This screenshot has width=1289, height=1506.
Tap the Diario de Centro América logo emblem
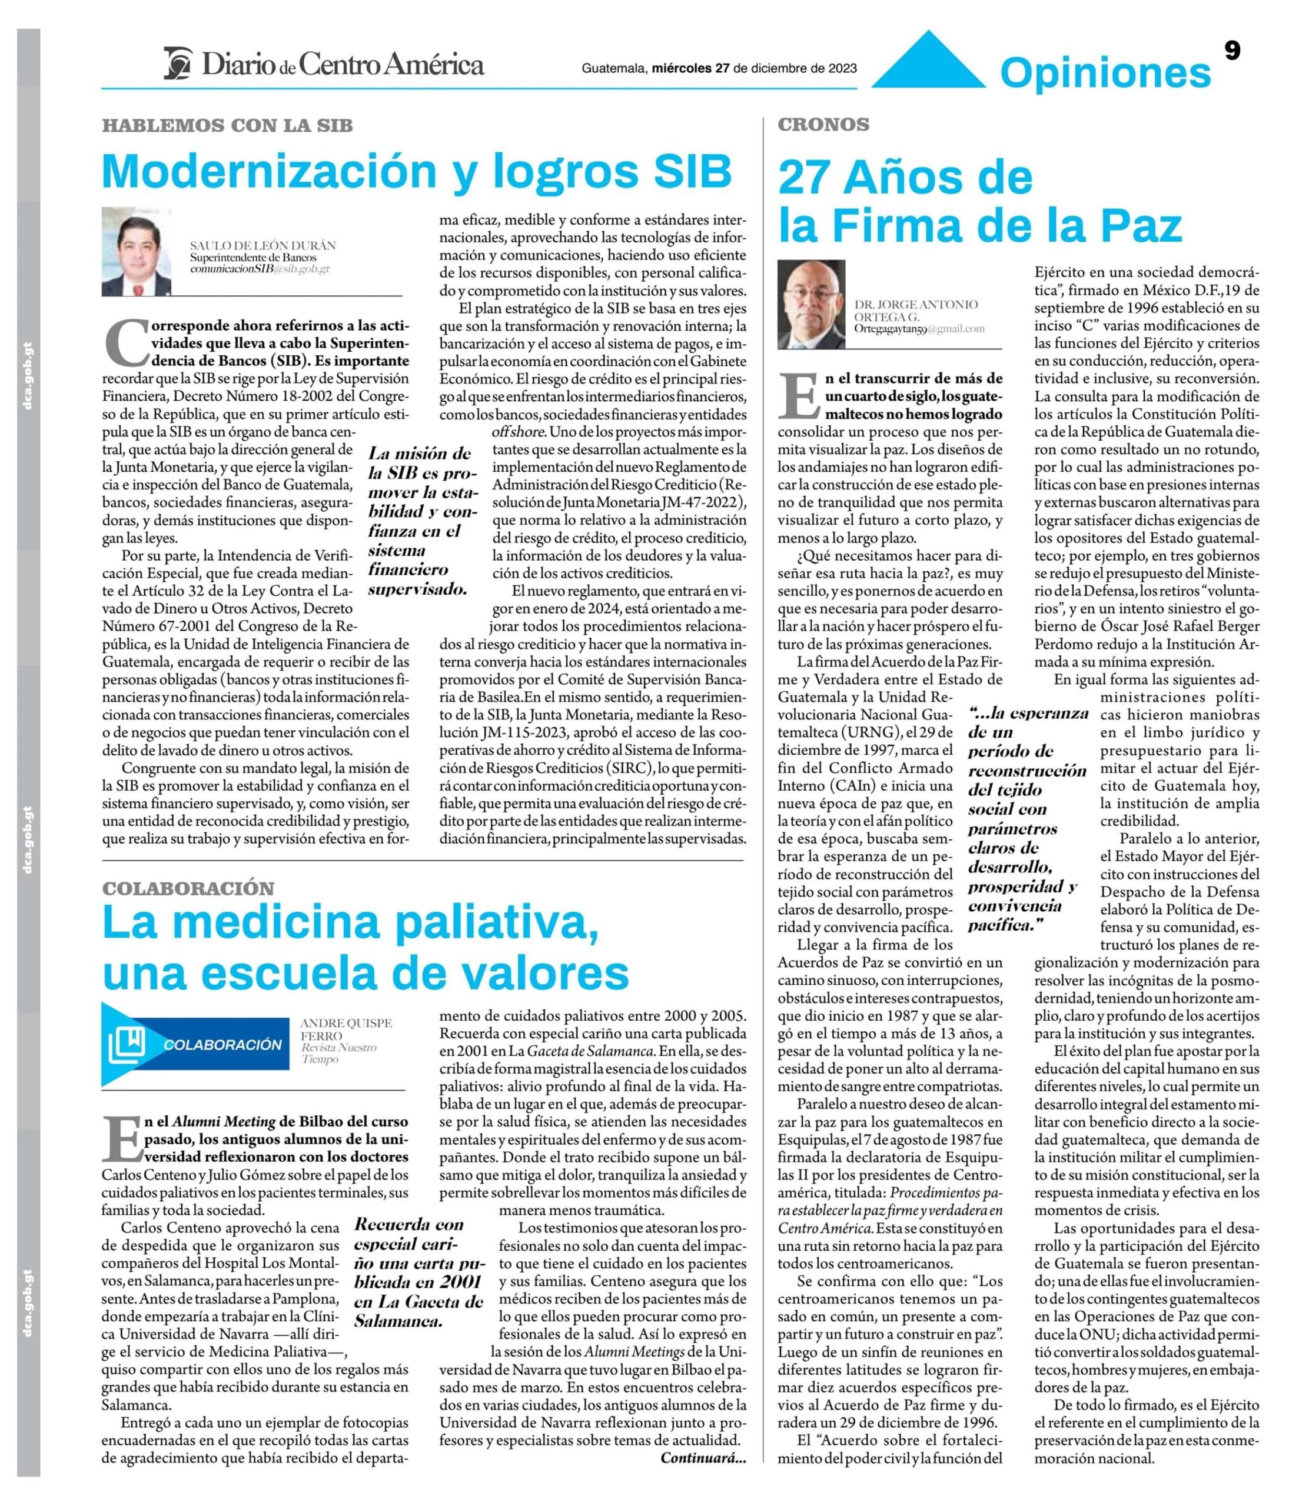[x=178, y=63]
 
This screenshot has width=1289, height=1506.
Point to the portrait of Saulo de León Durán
[x=137, y=251]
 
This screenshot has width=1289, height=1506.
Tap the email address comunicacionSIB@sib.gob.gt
[x=260, y=269]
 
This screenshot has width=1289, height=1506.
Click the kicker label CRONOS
[x=823, y=124]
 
